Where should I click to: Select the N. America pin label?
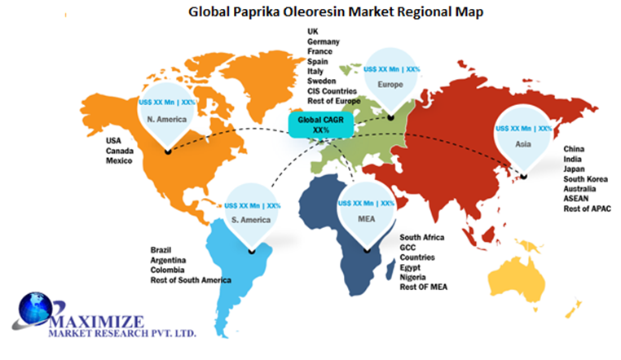point(168,119)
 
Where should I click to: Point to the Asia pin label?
point(523,143)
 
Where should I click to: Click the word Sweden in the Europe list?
point(322,81)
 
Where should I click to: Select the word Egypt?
point(411,267)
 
